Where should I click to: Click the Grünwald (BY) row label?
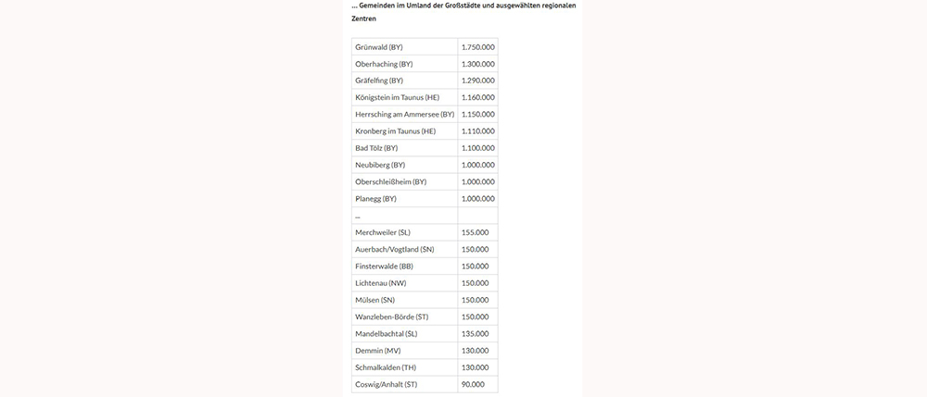(379, 47)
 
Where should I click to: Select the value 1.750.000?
(477, 47)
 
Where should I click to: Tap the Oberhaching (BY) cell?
(384, 64)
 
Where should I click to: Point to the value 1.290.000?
(477, 81)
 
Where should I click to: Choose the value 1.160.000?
(477, 97)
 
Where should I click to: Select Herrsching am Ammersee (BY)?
(404, 114)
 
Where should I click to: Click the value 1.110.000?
(477, 131)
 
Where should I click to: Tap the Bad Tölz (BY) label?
(376, 148)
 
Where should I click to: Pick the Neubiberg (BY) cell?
(380, 165)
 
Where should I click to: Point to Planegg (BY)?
(375, 199)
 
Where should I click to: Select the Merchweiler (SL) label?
(383, 232)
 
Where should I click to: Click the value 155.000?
(475, 232)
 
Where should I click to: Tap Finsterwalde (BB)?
(384, 267)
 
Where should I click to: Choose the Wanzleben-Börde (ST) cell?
(391, 316)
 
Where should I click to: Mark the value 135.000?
(475, 333)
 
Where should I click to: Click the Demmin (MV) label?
(378, 351)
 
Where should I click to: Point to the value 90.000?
(473, 384)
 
